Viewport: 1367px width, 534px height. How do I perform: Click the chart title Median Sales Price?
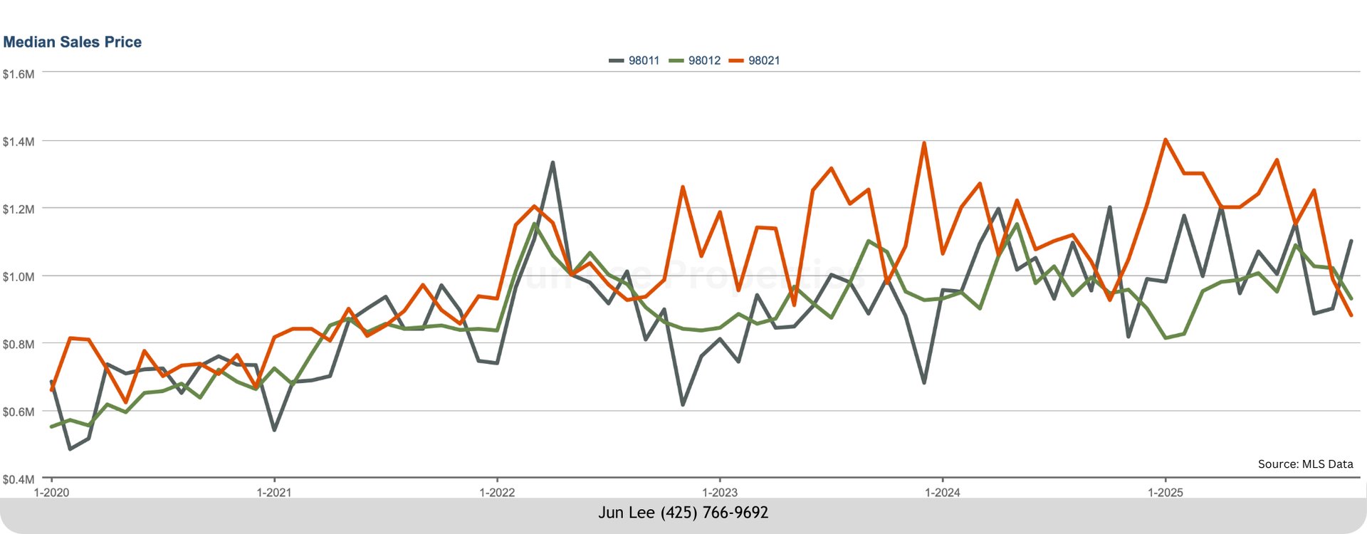tap(73, 42)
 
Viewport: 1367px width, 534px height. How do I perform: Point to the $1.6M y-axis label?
tap(19, 74)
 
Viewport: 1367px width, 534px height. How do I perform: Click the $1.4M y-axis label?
tap(19, 142)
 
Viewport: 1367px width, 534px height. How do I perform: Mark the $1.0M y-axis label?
tap(19, 276)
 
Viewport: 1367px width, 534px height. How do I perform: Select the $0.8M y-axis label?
tap(19, 344)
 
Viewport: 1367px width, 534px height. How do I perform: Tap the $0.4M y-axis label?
tap(19, 479)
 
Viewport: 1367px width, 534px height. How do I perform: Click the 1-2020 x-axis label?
tap(51, 492)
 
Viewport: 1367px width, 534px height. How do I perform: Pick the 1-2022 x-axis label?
tap(497, 492)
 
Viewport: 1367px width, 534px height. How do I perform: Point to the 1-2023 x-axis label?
tap(720, 492)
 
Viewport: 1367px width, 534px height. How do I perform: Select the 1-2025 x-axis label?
tap(1166, 492)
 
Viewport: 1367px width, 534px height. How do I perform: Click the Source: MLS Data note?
tap(1305, 464)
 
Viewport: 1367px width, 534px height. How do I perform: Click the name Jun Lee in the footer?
tap(627, 513)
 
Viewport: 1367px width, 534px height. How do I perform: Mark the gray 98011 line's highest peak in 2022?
tap(552, 163)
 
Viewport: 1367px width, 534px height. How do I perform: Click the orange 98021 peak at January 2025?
tap(1166, 140)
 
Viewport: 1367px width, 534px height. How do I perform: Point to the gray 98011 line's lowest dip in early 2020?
tap(70, 449)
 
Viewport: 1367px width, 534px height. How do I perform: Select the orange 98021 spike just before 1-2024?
tap(924, 143)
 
